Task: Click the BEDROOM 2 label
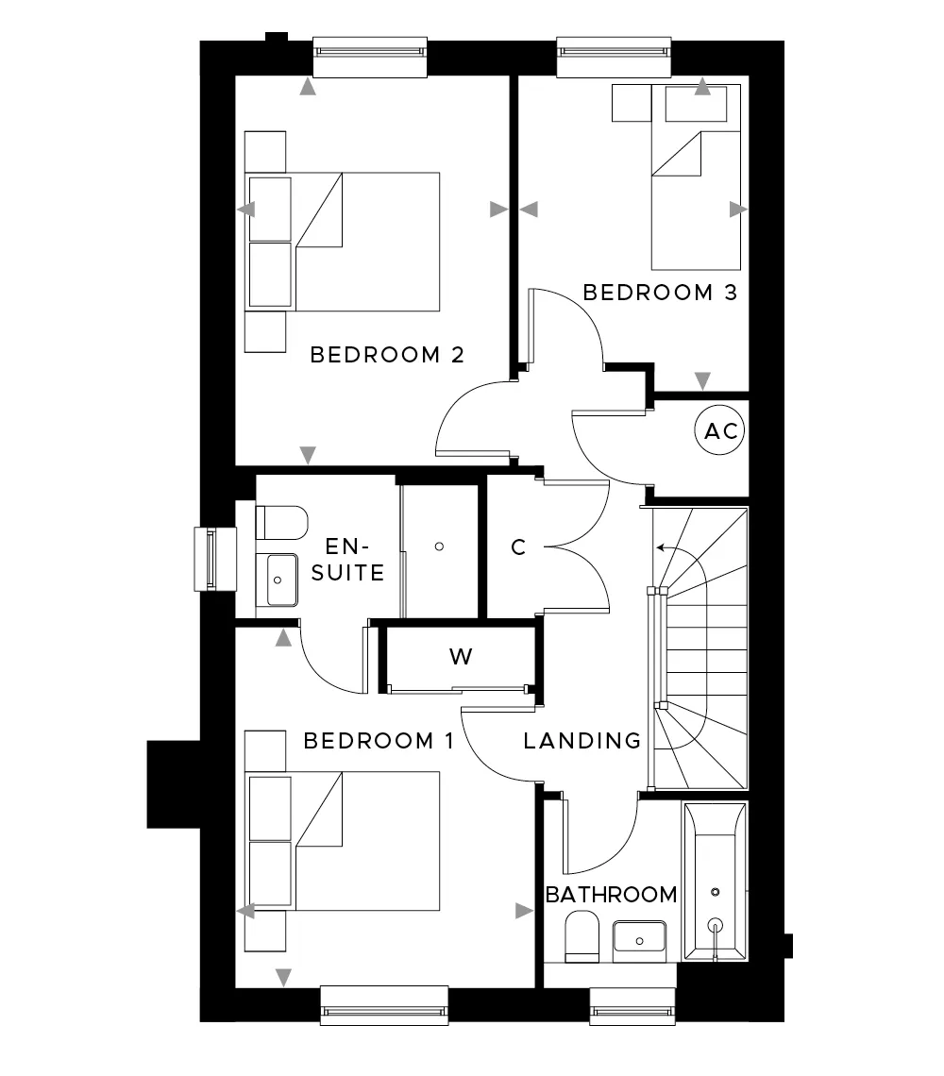386,355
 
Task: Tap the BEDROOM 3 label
660,293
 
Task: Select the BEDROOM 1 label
379,740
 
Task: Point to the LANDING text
582,740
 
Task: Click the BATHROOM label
611,894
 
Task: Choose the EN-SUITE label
347,560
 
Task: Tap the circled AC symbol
721,431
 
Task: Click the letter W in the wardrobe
461,657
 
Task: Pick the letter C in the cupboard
518,546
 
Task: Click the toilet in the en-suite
281,523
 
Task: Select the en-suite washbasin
278,580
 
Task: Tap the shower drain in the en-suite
439,546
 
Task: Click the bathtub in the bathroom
715,882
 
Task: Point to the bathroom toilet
582,936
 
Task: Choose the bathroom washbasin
639,937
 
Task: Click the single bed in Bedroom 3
696,177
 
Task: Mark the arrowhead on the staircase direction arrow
660,547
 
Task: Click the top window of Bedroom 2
370,57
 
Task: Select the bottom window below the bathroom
632,1007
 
